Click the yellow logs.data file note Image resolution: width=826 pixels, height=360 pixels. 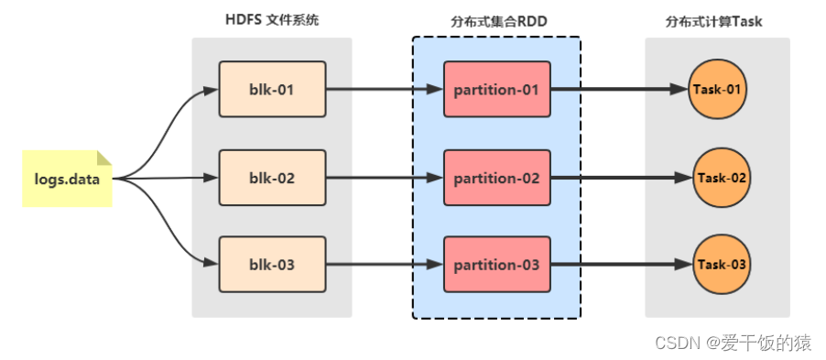67,179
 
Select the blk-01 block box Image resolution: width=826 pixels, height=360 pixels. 272,90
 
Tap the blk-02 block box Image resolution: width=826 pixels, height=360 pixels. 272,178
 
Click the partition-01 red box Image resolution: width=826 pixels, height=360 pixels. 496,90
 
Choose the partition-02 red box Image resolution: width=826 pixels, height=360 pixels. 496,178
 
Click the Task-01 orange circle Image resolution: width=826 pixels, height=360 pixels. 719,90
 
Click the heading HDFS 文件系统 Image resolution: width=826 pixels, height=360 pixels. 272,20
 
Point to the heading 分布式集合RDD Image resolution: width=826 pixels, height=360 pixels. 495,20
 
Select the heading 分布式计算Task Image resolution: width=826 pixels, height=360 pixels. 717,20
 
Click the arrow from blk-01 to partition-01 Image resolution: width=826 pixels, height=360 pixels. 385,90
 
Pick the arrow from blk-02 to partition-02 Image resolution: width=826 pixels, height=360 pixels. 385,178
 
